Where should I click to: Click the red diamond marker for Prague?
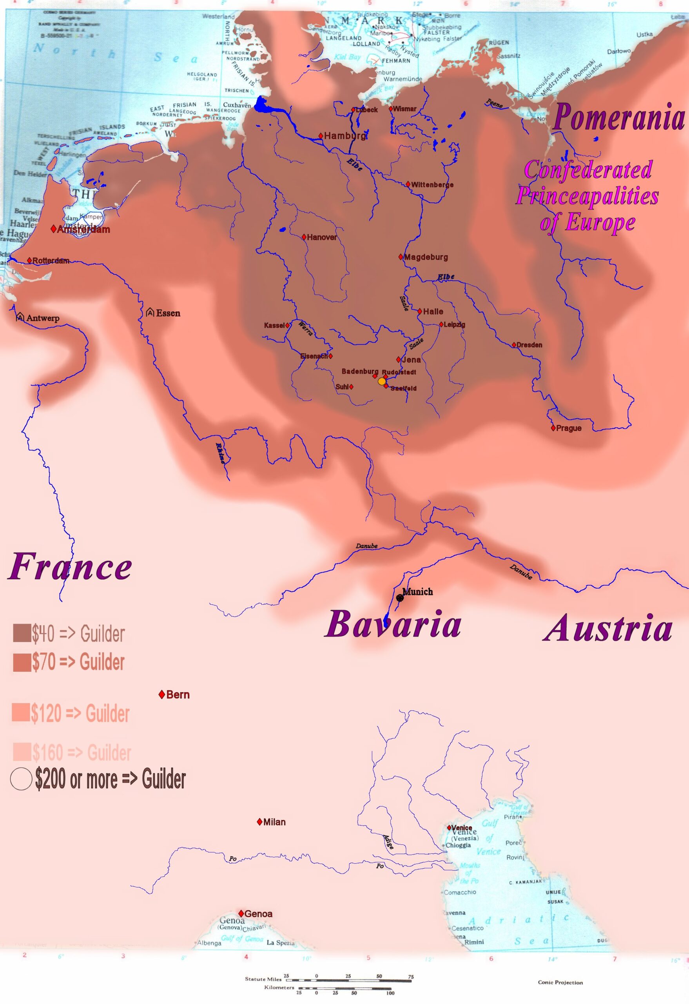click(x=553, y=428)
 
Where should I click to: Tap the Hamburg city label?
click(x=344, y=136)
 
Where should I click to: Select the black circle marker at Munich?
click(x=400, y=598)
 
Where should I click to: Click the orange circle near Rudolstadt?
click(x=382, y=381)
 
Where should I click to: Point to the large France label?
click(x=70, y=567)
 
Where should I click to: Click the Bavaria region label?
click(x=393, y=625)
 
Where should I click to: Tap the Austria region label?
click(x=607, y=628)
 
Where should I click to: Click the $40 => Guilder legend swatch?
click(x=22, y=633)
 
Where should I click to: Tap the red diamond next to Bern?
click(x=162, y=695)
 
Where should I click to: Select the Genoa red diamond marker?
click(x=241, y=913)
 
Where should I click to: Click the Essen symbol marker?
click(x=150, y=312)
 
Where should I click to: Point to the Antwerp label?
click(x=43, y=318)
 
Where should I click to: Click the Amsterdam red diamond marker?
click(x=54, y=229)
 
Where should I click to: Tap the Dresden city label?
click(x=529, y=345)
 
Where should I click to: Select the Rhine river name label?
click(x=221, y=453)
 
